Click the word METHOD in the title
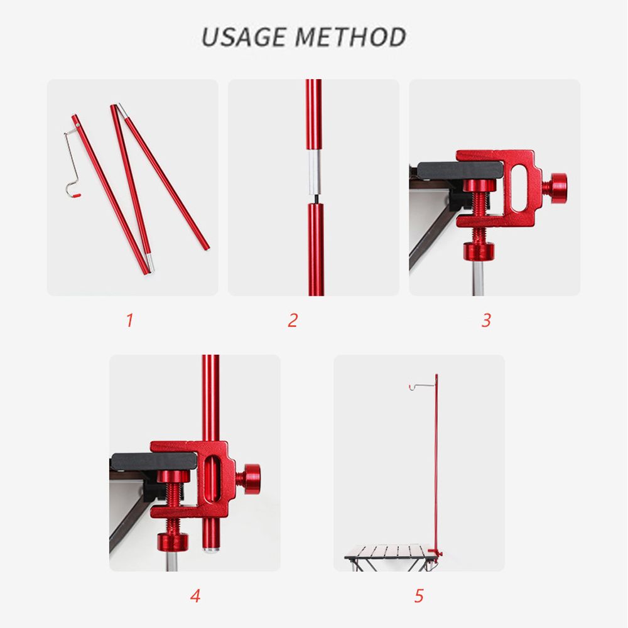pos(351,37)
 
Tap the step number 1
pos(129,320)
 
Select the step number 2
pos(293,320)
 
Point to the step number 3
pos(486,320)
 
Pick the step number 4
pos(195,595)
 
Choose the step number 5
pos(419,595)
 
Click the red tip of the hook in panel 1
pos(77,195)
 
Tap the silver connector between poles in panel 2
pos(314,172)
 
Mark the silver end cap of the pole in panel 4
pos(211,549)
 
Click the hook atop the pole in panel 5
pos(422,386)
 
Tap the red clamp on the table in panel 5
pos(436,553)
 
